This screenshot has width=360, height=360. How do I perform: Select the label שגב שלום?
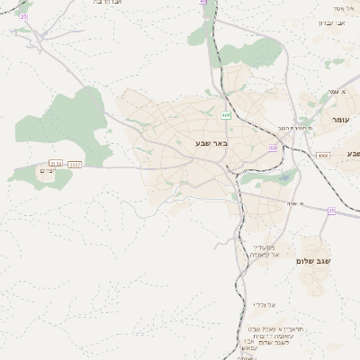(x=314, y=261)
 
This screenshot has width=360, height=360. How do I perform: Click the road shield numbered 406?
(x=226, y=115)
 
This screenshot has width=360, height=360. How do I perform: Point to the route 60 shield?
(x=273, y=148)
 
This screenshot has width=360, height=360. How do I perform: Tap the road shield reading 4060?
(x=323, y=156)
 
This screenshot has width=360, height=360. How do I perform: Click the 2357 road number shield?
(x=75, y=165)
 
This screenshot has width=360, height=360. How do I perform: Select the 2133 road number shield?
(x=56, y=165)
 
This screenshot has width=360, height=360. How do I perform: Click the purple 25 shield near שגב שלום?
(x=331, y=211)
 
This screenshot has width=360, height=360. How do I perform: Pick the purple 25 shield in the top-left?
(x=23, y=17)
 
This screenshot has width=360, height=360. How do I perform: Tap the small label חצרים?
(x=48, y=171)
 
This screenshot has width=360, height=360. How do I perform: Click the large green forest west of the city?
(x=72, y=117)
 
